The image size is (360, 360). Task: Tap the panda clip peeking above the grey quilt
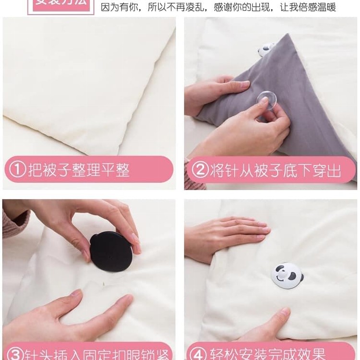coord(265,49)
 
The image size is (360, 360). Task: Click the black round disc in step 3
coord(111,251)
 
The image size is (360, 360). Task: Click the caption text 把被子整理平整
coord(79,169)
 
